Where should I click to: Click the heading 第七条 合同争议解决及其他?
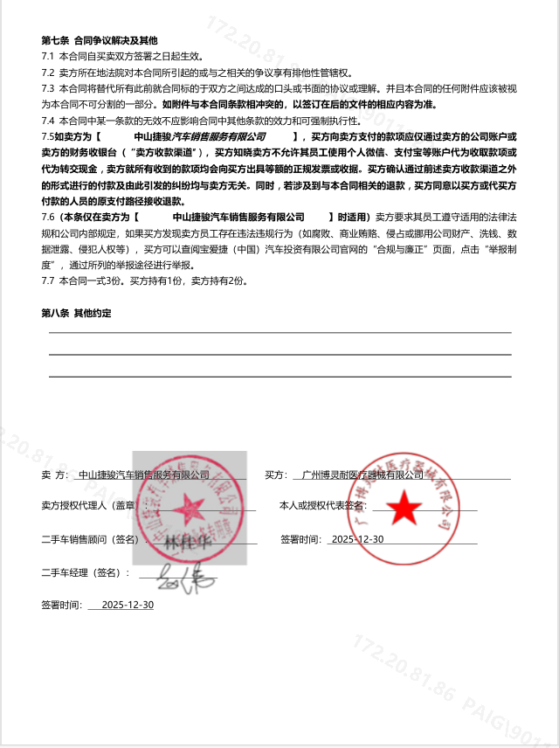pyautogui.click(x=100, y=40)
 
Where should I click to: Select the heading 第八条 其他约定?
pyautogui.click(x=76, y=313)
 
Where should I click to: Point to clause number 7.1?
pyautogui.click(x=48, y=55)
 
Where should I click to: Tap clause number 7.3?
pyautogui.click(x=48, y=88)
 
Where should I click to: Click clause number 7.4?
pyautogui.click(x=48, y=121)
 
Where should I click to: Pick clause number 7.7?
pyautogui.click(x=48, y=280)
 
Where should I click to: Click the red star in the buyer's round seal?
pyautogui.click(x=404, y=506)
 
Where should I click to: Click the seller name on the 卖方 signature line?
pyautogui.click(x=144, y=475)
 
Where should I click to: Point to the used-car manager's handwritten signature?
pyautogui.click(x=178, y=576)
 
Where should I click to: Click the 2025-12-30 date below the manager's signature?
pyautogui.click(x=128, y=605)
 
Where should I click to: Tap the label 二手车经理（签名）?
pyautogui.click(x=85, y=572)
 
